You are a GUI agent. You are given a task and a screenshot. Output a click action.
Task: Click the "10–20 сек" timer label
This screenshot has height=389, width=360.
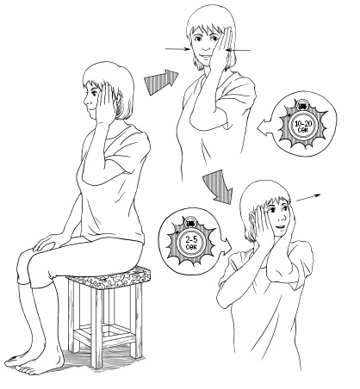point(303,127)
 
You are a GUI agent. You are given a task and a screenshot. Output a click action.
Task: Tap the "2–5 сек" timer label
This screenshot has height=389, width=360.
point(191,244)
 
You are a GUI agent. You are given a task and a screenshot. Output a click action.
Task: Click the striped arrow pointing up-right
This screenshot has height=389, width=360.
point(161,82)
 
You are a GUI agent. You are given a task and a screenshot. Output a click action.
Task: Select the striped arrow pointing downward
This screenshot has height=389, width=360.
point(219,187)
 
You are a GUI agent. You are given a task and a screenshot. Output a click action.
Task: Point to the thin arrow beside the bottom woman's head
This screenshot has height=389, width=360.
point(307,198)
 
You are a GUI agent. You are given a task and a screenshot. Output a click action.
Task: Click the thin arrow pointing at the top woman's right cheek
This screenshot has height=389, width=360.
point(177,49)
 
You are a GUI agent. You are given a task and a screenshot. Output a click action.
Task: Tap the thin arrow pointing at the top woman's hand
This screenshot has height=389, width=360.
point(239,51)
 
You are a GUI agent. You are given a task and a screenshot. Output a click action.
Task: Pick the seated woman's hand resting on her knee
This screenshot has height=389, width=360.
point(47,242)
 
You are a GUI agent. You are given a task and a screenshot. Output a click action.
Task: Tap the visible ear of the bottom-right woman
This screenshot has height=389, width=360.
point(252,218)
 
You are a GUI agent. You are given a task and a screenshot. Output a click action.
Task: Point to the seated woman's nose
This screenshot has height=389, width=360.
point(85,101)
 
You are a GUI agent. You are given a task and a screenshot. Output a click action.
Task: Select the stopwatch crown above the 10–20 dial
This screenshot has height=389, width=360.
point(302,105)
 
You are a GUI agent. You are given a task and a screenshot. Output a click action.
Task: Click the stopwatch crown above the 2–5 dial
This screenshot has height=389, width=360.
point(190,222)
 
